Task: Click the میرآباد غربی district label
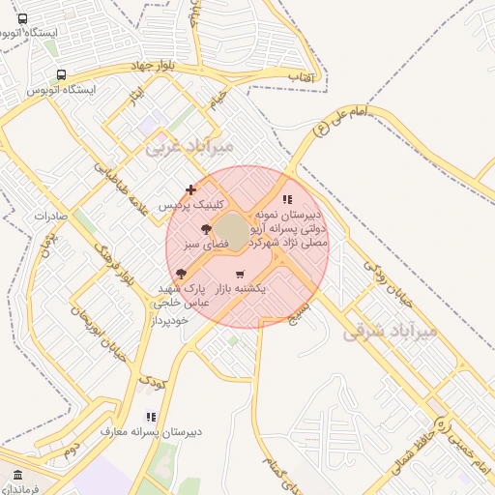189,149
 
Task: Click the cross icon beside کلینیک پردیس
190,189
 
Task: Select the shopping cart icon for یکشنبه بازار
240,276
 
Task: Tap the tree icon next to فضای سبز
205,229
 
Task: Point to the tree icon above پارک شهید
181,275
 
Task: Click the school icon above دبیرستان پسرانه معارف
150,417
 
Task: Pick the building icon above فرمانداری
18,475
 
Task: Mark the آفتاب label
300,75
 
